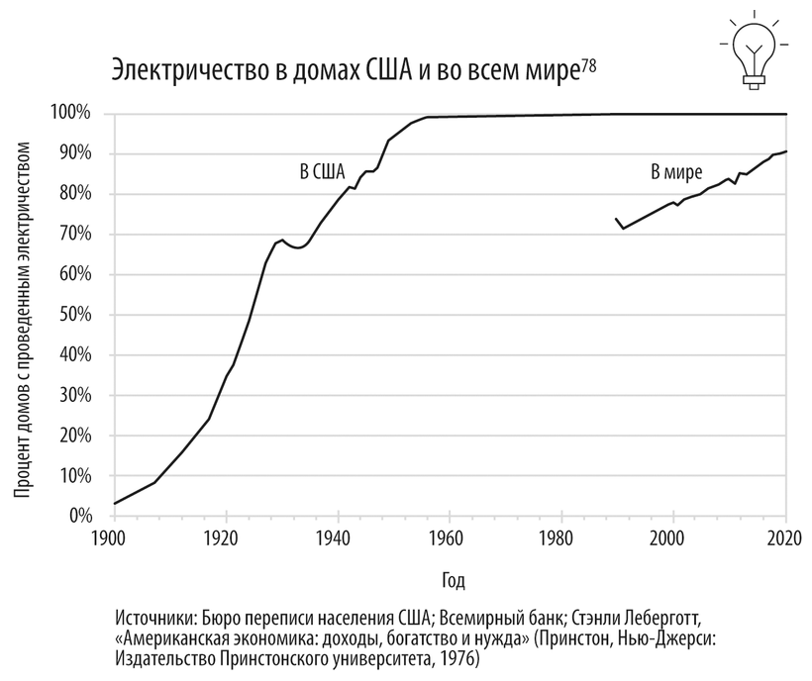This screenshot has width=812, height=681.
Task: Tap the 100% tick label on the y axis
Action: [71, 114]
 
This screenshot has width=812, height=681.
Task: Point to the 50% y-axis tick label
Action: [74, 315]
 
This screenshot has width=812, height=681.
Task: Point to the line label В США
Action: [323, 171]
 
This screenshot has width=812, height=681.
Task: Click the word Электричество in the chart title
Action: [187, 72]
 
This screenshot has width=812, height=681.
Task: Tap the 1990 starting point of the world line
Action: [617, 219]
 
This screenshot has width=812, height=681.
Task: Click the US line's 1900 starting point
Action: [115, 504]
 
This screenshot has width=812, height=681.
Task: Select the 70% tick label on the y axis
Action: [74, 235]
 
